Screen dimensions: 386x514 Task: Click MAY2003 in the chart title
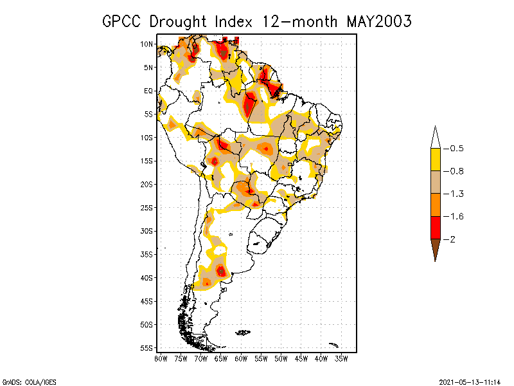(378, 21)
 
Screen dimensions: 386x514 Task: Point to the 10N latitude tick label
(146, 44)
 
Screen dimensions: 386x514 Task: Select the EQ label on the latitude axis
(148, 91)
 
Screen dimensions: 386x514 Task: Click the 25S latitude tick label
(146, 207)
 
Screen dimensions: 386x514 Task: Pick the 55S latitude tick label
(146, 347)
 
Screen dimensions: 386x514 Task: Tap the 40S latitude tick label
(146, 277)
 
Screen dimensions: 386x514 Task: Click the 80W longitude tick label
(161, 358)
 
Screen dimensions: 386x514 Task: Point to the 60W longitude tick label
(241, 358)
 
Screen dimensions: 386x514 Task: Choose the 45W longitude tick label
(301, 358)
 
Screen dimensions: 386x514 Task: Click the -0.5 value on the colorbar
(456, 149)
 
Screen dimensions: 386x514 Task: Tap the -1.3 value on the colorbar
(456, 194)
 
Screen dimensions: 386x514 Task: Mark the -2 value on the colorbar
(452, 239)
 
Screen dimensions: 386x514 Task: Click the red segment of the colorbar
(435, 227)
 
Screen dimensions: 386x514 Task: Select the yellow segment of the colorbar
(435, 160)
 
